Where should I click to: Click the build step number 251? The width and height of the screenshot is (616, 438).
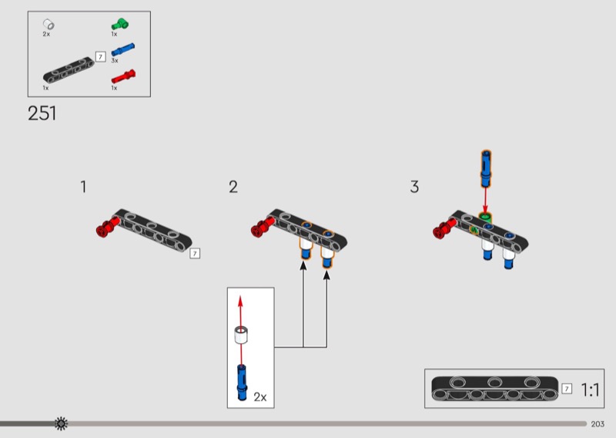point(42,113)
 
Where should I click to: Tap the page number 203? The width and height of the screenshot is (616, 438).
point(598,424)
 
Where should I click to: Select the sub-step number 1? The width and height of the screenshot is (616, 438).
point(83,187)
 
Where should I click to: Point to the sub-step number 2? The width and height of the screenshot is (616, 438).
point(233,187)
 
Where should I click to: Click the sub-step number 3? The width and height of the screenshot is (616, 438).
point(414,187)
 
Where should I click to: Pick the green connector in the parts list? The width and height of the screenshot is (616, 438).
point(120,24)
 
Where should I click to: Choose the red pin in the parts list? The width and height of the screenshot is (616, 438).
point(123,76)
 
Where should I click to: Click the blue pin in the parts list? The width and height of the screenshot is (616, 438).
point(123,49)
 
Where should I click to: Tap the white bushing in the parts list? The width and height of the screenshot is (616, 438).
point(49,24)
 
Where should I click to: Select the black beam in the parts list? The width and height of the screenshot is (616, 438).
point(69,70)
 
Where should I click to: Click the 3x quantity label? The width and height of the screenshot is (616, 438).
point(115,61)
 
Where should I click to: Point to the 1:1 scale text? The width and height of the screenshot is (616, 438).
point(590,390)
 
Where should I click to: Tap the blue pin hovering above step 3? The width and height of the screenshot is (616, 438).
point(486,168)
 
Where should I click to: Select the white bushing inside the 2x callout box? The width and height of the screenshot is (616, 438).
point(241,335)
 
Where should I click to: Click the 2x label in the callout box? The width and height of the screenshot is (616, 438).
point(260,397)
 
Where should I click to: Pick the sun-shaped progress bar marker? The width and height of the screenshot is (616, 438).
point(61,423)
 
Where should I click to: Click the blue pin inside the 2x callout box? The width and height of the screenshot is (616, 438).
point(242,382)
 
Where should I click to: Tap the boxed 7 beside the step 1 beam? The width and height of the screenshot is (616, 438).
point(195,254)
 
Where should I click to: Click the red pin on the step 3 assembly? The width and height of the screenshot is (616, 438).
point(444,228)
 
